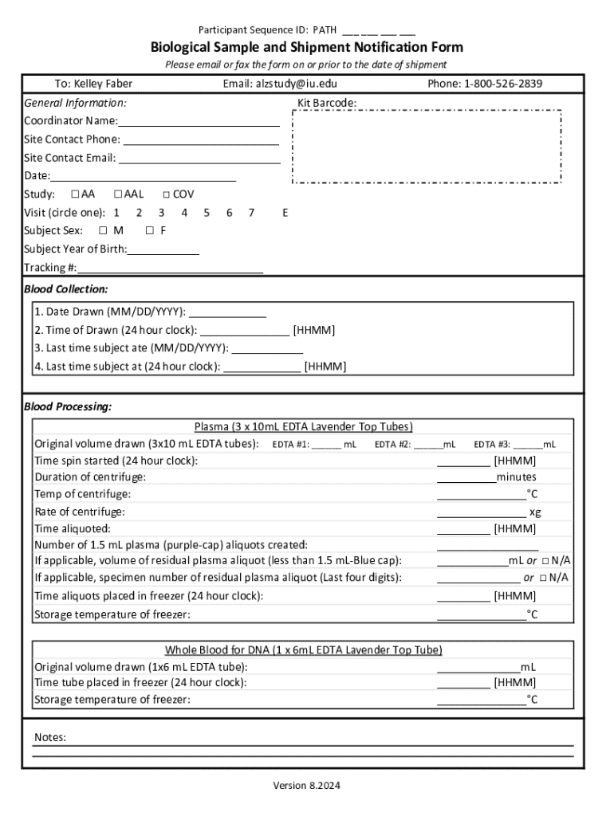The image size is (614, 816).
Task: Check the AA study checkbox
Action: click(75, 194)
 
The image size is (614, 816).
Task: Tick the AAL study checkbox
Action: click(118, 194)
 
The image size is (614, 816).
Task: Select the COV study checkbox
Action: click(166, 194)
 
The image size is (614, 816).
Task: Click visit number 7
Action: click(251, 213)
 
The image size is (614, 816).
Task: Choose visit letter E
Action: click(285, 213)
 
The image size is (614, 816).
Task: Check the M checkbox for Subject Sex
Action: click(103, 230)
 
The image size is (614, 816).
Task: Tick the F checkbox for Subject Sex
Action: click(150, 230)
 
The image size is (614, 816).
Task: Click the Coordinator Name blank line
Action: click(199, 122)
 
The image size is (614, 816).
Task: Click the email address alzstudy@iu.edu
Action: click(297, 84)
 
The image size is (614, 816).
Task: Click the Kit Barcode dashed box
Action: click(427, 147)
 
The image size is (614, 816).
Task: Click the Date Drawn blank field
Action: click(227, 312)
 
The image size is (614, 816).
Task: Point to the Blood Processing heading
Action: click(68, 406)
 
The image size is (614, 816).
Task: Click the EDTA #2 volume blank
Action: click(427, 445)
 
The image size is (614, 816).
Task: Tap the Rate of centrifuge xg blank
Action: click(482, 512)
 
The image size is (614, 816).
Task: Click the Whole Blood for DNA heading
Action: click(303, 650)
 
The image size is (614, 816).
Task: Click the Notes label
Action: click(50, 738)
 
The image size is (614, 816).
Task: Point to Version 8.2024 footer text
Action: click(307, 786)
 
